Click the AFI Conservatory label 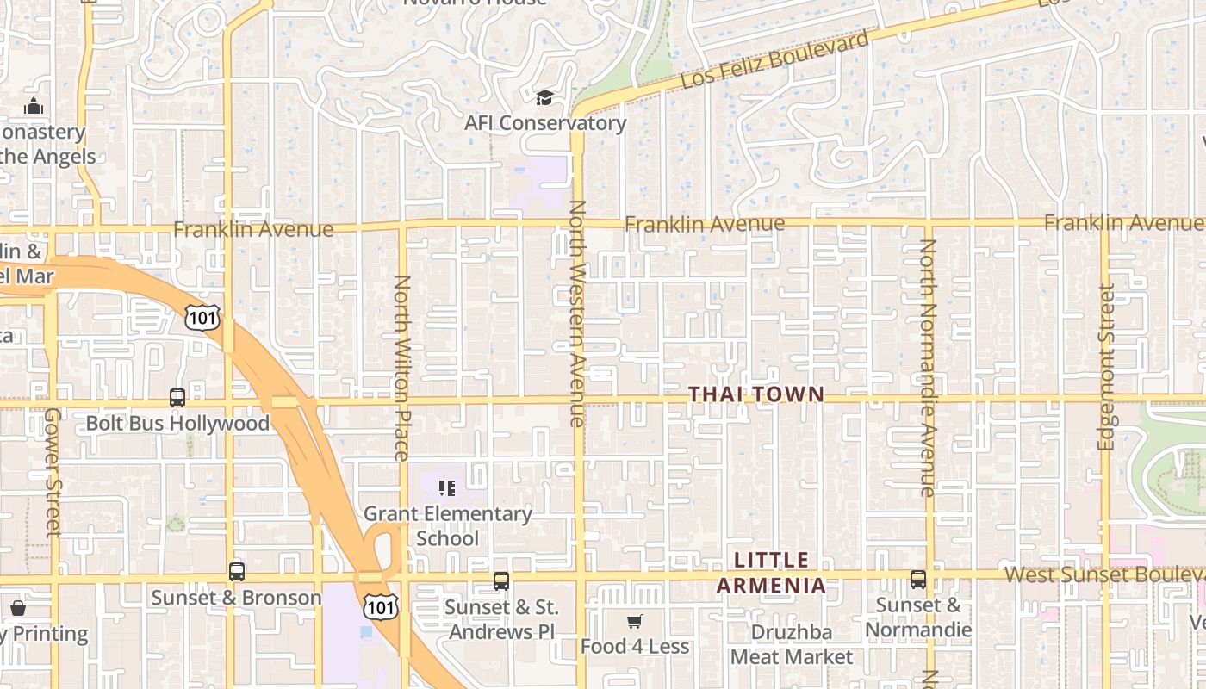tap(545, 123)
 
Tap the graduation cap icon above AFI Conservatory tap(544, 97)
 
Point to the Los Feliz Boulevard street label tap(775, 60)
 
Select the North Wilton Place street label tap(401, 368)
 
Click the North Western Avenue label tap(577, 313)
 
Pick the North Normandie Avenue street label tap(928, 368)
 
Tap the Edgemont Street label tap(1106, 367)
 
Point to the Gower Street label tap(53, 472)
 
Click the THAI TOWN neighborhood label tap(756, 394)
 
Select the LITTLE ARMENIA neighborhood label tap(771, 573)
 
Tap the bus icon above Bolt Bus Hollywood tap(177, 398)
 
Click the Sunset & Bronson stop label tap(236, 598)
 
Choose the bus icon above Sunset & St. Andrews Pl tap(501, 581)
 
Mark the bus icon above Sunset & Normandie tap(918, 580)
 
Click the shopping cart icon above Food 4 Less tap(635, 622)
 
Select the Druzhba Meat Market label tap(792, 644)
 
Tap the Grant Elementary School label tap(448, 525)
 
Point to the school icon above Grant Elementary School tap(447, 488)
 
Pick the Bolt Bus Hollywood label tap(177, 424)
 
